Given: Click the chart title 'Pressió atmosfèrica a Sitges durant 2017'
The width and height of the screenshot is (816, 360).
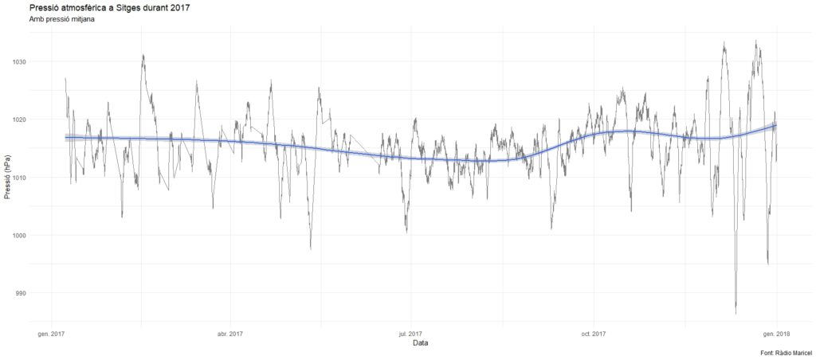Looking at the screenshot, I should tap(108, 7).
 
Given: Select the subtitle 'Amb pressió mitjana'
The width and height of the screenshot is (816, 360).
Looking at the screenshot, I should tap(61, 19).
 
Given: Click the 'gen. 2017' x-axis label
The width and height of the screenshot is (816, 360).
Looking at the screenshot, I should tap(51, 333).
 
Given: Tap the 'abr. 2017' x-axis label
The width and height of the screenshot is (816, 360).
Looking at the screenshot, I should tap(229, 333).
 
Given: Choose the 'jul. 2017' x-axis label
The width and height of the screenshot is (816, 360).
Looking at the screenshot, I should tap(410, 333).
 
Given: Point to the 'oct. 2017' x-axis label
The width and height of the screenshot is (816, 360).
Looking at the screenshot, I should tap(594, 333).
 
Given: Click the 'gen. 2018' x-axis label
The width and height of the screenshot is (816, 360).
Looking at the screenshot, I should tap(776, 333).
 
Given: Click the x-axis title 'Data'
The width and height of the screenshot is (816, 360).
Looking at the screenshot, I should tap(421, 344).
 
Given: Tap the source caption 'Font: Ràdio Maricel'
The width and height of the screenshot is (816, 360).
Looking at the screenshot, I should tap(786, 352).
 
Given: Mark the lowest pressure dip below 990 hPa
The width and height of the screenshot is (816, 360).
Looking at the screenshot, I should tap(736, 312).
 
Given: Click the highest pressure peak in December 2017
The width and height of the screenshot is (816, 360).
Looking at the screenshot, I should tap(755, 42).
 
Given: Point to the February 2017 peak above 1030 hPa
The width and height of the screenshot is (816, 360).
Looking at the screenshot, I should tap(143, 56).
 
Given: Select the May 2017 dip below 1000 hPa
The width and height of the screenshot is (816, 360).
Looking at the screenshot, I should tap(311, 248).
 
